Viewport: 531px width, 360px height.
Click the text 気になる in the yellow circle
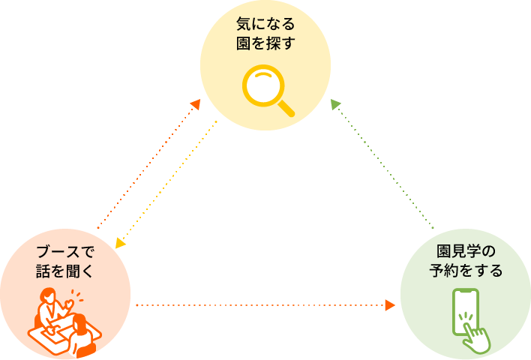point(265,25)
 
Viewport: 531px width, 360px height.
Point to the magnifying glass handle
point(286,109)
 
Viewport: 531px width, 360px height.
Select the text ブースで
point(65,251)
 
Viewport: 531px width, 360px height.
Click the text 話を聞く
point(65,270)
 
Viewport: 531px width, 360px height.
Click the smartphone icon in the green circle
point(465,311)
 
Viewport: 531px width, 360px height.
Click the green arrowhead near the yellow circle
point(335,103)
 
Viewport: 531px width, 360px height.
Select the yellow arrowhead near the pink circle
point(119,242)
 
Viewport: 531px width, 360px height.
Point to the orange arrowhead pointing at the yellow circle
point(195,104)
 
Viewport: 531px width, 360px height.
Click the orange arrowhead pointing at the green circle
point(390,305)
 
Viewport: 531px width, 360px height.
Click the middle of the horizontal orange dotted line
point(262,305)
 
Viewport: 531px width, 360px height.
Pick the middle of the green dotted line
point(383,165)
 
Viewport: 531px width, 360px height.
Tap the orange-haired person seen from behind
point(82,336)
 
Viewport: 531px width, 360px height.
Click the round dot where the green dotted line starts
point(433,227)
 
